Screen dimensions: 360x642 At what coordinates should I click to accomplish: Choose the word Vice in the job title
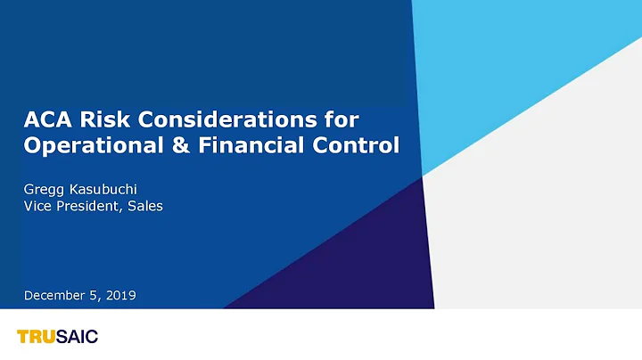tap(38, 208)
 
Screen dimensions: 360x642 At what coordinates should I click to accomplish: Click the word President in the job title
tap(91, 208)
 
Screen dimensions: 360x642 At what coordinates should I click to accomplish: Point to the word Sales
tap(144, 208)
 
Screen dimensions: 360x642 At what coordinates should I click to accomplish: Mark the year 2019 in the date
tap(119, 294)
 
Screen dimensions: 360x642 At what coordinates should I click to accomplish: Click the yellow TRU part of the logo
tap(35, 337)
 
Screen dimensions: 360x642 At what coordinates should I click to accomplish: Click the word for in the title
tap(354, 119)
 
